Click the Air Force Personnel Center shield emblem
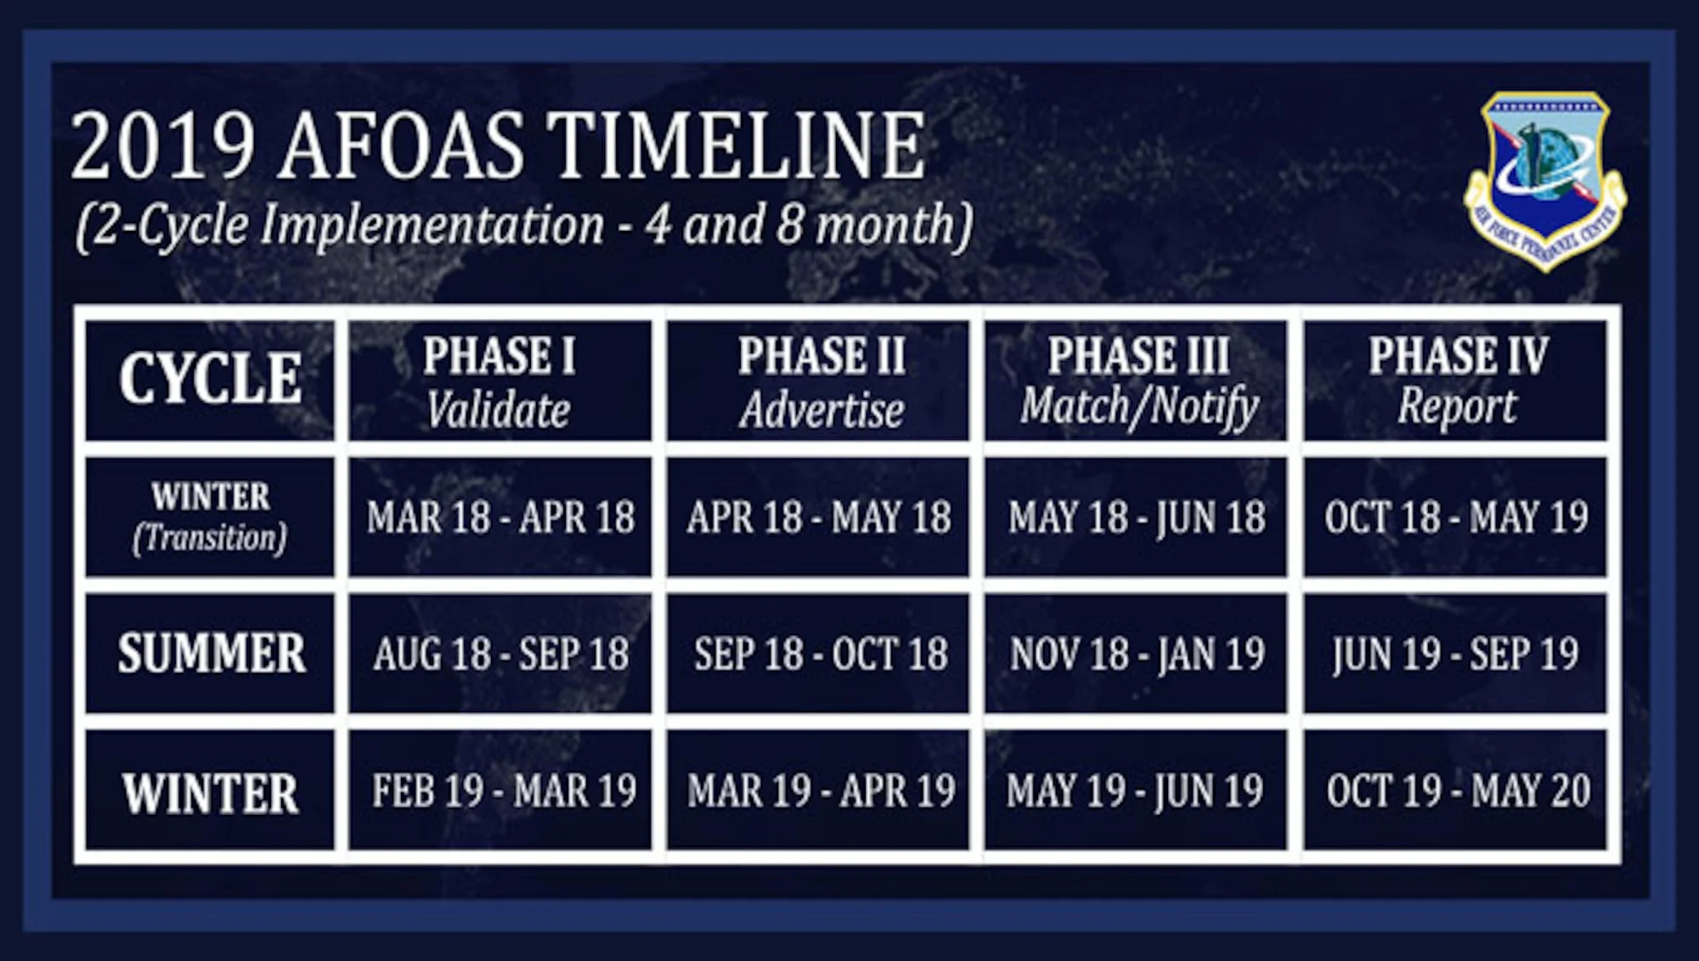coord(1544,179)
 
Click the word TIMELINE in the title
coord(736,147)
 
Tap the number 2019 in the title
coord(163,147)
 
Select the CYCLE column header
coord(210,379)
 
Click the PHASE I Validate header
coord(500,379)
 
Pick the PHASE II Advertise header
coord(818,379)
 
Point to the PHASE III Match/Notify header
coord(1137,379)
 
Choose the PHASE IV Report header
coord(1455,379)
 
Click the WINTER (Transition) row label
coord(210,516)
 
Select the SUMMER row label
coord(210,653)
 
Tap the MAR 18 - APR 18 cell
coord(500,516)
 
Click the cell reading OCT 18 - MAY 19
coord(1455,516)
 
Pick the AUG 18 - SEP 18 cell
coord(500,653)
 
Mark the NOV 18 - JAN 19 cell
coord(1137,653)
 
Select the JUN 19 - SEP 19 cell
coord(1455,653)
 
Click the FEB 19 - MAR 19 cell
coord(500,790)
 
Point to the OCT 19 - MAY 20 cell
coord(1455,790)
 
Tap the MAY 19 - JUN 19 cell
coord(1137,790)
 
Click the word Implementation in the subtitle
coord(432,226)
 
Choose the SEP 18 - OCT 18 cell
coord(818,653)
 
